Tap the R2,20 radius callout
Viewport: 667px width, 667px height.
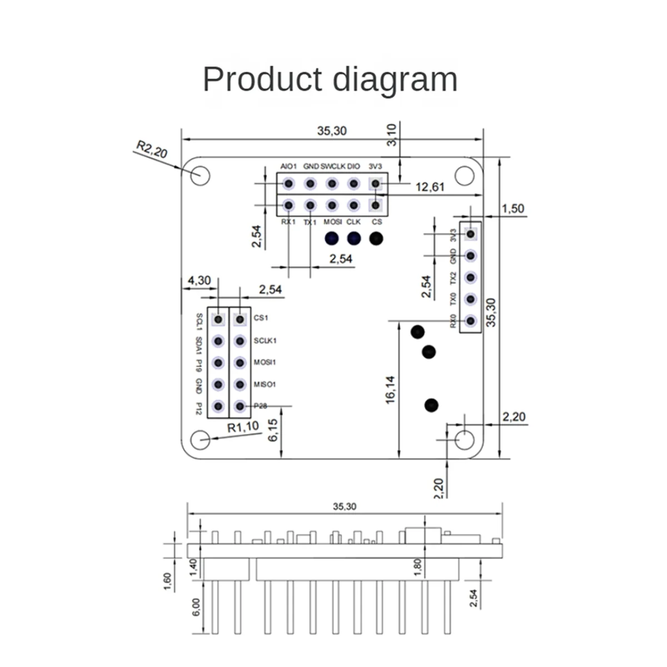[x=152, y=150]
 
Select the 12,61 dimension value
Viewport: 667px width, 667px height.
[x=430, y=187]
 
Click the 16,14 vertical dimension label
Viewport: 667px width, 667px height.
[x=390, y=389]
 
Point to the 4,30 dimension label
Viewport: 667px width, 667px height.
[x=199, y=281]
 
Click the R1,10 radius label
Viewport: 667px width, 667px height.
[x=243, y=427]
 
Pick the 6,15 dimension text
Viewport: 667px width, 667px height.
[x=273, y=430]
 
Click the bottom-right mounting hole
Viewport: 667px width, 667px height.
[x=465, y=439]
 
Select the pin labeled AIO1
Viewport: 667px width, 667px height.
[x=288, y=183]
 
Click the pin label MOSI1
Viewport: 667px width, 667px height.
[x=265, y=362]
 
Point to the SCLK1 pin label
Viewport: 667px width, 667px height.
[x=265, y=341]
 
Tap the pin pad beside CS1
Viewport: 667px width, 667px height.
[x=240, y=319]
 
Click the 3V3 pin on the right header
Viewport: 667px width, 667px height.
[x=471, y=234]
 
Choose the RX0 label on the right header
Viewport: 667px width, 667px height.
[x=454, y=321]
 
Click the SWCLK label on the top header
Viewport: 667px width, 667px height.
[x=333, y=166]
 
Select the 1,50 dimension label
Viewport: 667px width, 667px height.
[x=512, y=208]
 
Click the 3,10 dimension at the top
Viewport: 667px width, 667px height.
[x=392, y=135]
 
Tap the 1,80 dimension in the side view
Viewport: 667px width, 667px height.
[x=418, y=566]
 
